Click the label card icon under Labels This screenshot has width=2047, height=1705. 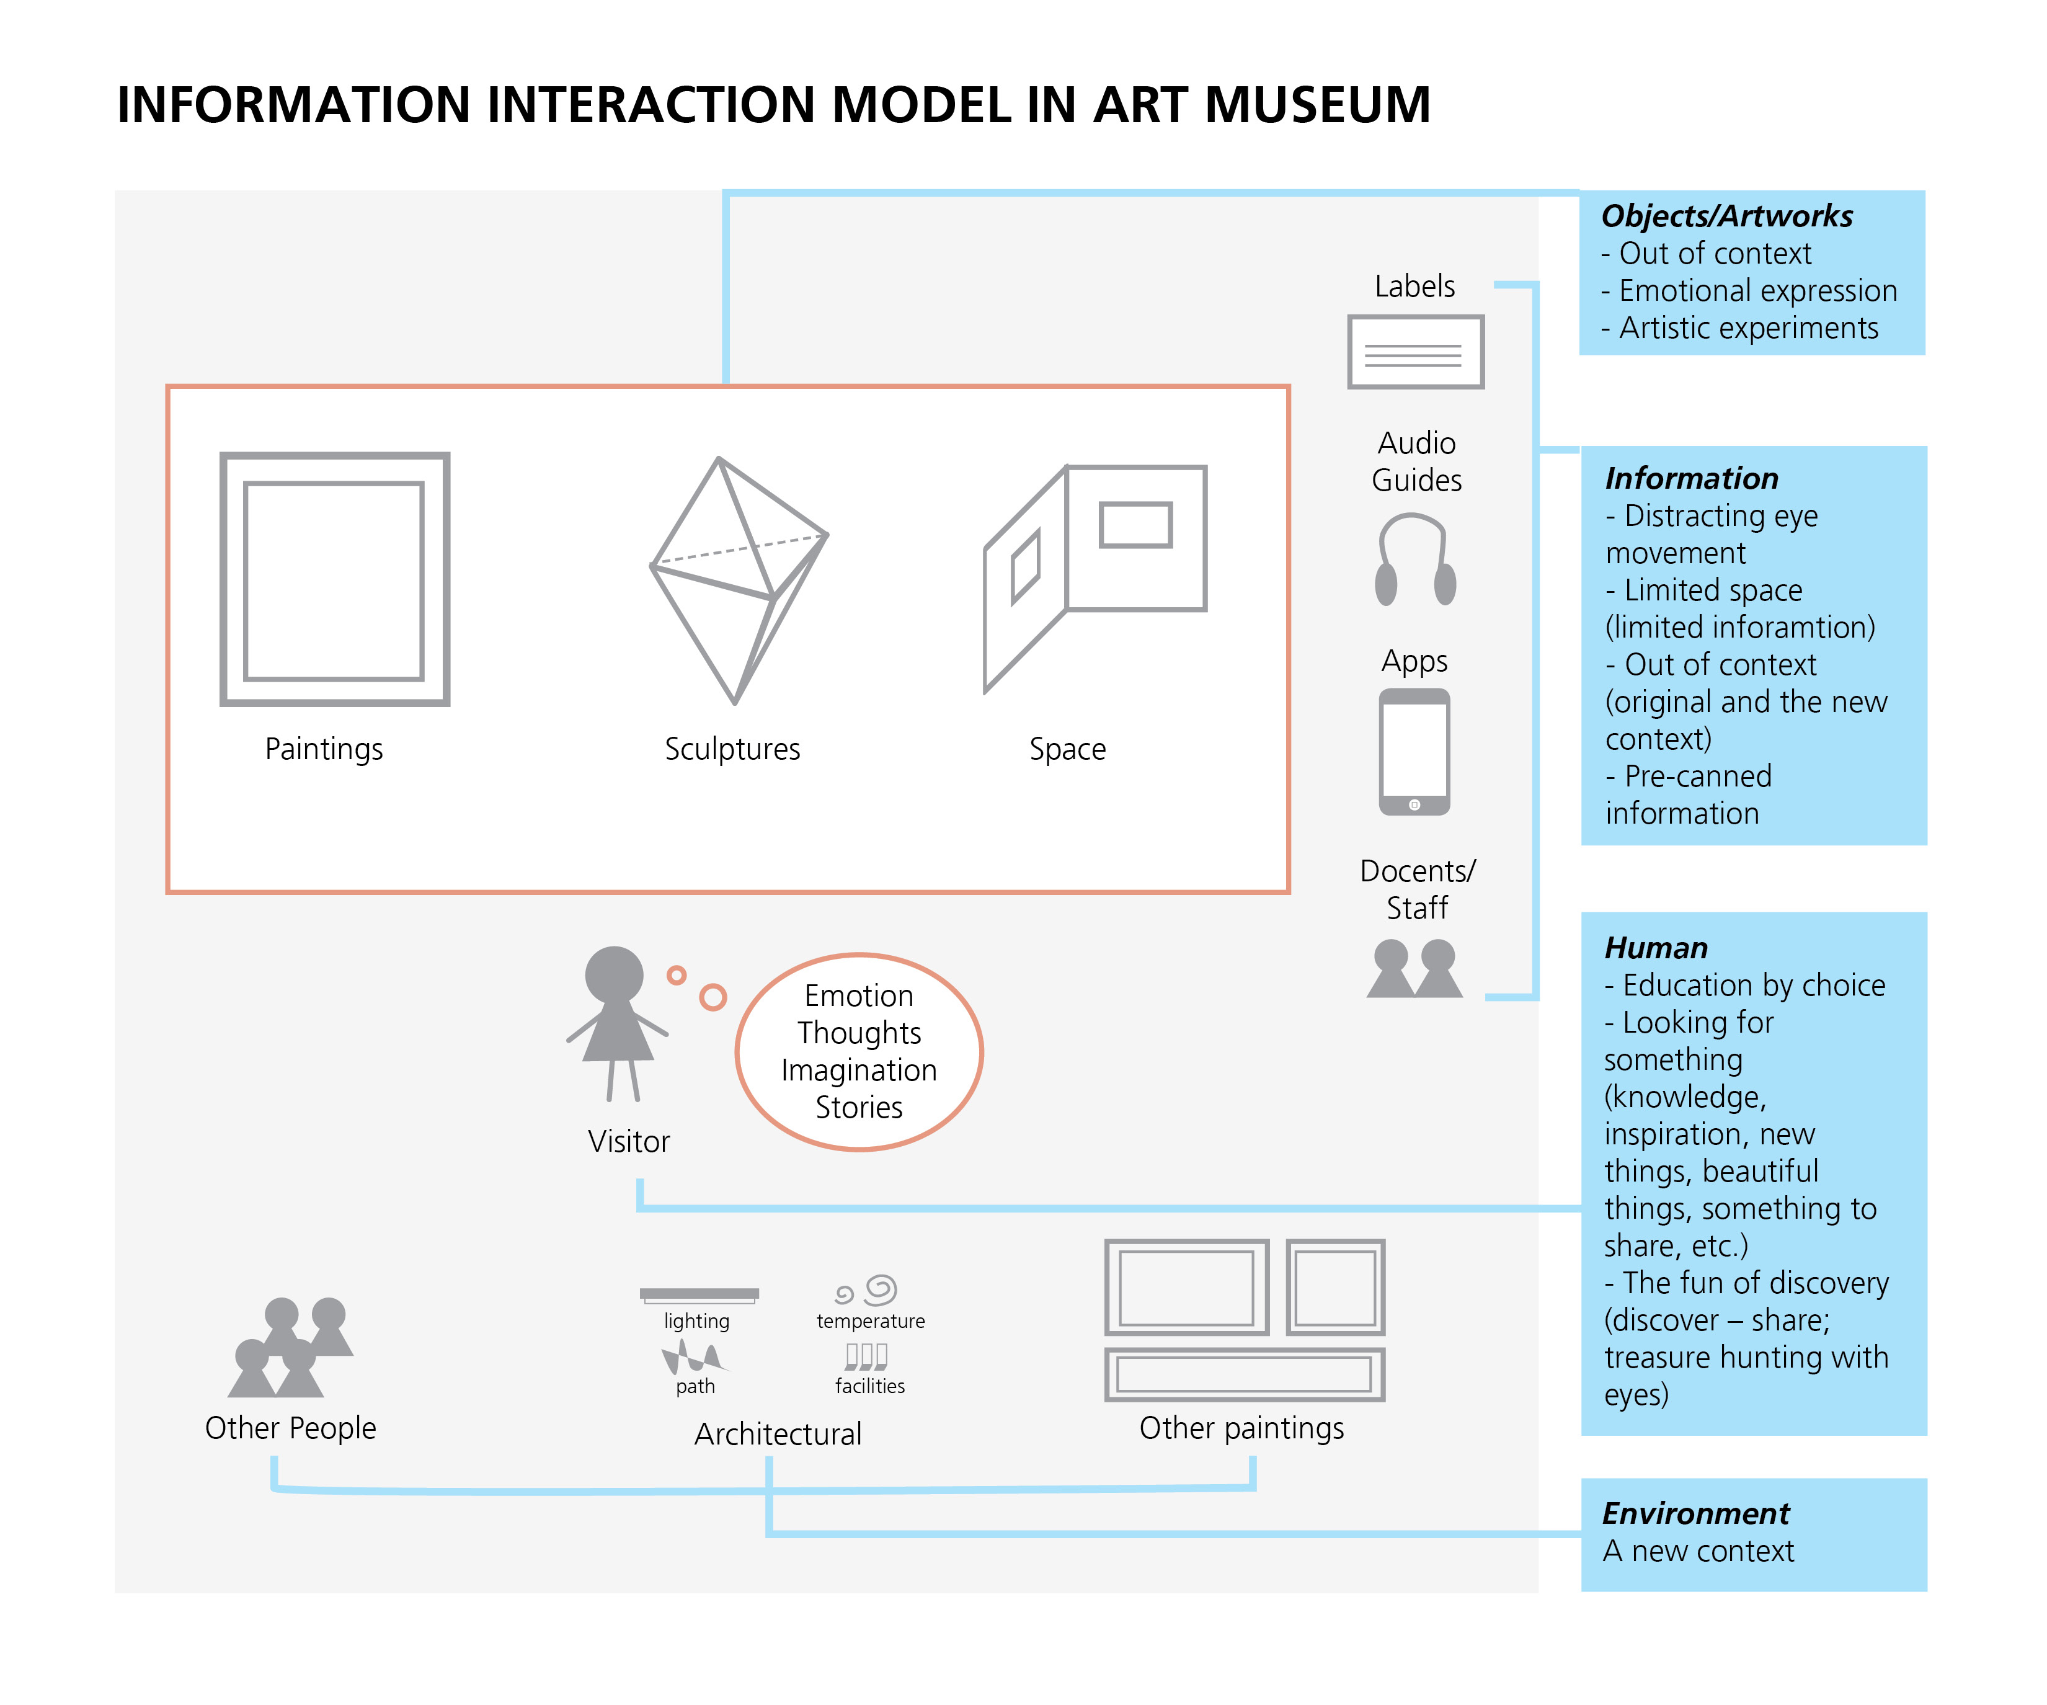coord(1415,352)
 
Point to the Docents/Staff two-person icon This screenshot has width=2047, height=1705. coord(1414,968)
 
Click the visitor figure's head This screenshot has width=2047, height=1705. coord(614,974)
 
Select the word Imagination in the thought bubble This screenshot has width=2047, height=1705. coord(859,1071)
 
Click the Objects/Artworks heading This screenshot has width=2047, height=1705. coord(1726,216)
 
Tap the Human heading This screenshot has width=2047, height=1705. coord(1656,948)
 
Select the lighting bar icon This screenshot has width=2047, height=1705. coord(699,1294)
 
